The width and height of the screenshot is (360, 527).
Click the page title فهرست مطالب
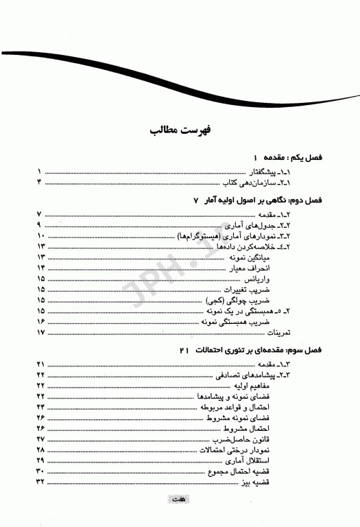180,130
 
